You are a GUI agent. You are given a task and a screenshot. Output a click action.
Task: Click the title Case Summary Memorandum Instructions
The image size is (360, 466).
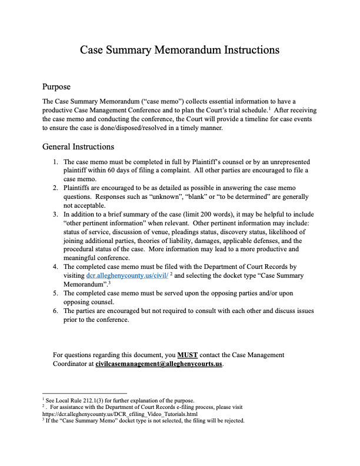(x=179, y=49)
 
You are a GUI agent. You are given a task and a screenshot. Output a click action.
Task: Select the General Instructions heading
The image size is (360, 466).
(x=78, y=147)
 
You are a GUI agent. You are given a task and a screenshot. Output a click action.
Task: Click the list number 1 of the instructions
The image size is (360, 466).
(x=55, y=162)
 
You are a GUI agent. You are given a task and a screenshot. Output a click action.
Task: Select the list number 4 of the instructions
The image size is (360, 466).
(x=55, y=267)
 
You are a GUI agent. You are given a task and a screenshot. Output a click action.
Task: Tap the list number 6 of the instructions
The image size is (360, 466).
(x=55, y=311)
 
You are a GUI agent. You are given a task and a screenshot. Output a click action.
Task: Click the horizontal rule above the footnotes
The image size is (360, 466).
(x=85, y=393)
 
